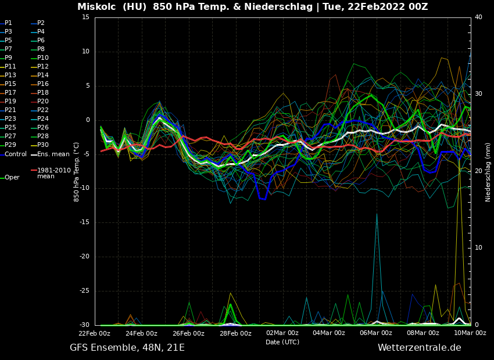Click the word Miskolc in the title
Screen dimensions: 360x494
point(96,7)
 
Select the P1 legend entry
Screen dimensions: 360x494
point(8,23)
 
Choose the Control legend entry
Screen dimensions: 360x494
point(16,154)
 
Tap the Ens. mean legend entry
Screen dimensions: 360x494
point(53,154)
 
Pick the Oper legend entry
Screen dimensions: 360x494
point(12,178)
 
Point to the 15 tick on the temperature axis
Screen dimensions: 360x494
point(85,17)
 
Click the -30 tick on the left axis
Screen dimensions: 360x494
point(84,325)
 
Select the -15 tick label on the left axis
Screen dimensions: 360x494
point(84,222)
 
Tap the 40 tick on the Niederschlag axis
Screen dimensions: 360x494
point(478,17)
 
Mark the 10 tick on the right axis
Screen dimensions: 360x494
point(478,248)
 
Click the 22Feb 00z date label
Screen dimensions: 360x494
point(95,333)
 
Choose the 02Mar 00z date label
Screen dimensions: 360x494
point(282,333)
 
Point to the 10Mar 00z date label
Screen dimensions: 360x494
point(470,333)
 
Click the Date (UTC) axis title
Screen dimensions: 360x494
point(282,343)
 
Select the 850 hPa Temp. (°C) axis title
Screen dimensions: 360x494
point(77,171)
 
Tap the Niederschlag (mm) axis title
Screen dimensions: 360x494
point(488,172)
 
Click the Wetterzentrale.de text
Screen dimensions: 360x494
point(419,348)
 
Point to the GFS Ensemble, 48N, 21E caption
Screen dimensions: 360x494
point(127,348)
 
